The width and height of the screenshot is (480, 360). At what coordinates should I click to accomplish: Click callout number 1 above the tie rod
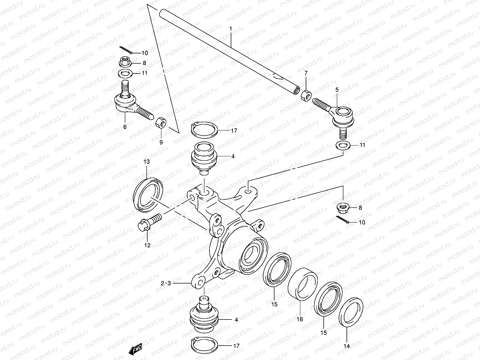[230, 29]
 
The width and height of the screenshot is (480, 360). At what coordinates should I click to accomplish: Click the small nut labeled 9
[161, 122]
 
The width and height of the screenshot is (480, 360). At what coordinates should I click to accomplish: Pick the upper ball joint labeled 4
[205, 156]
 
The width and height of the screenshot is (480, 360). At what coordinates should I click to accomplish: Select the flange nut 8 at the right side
[343, 207]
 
